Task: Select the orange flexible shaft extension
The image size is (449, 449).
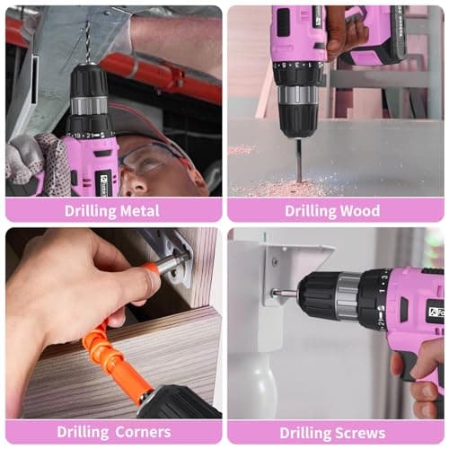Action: click(112, 350)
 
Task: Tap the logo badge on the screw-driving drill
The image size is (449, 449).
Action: click(435, 312)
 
